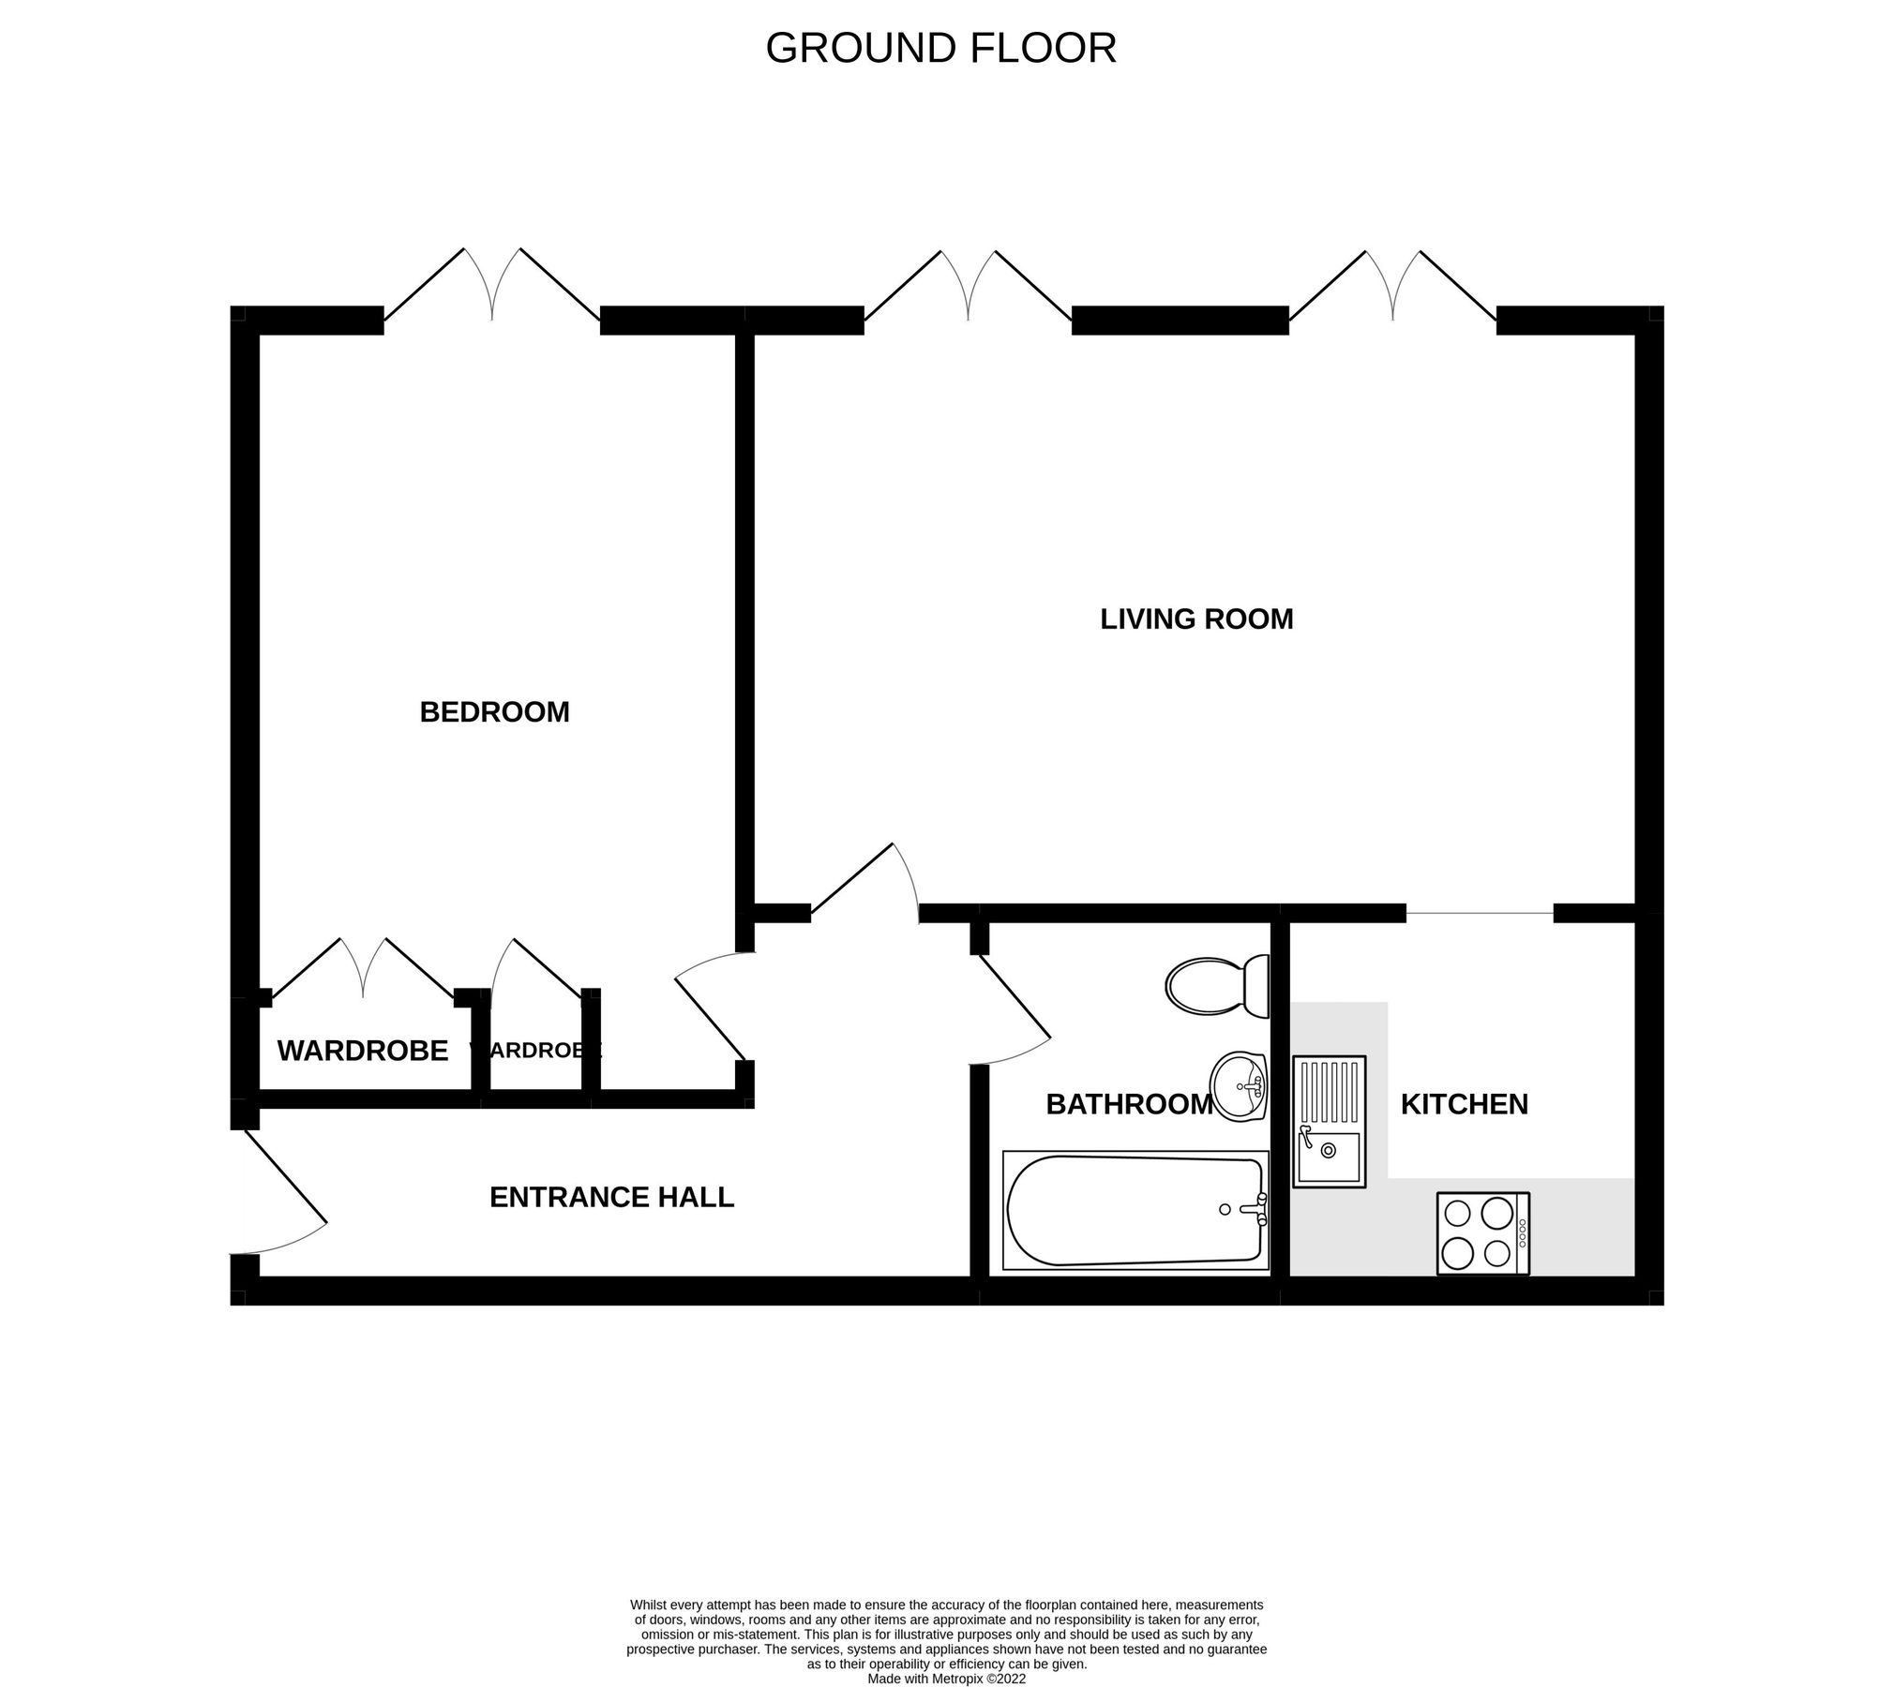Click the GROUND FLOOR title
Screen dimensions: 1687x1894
click(x=940, y=49)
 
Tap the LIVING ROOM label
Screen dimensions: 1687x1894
click(x=1196, y=620)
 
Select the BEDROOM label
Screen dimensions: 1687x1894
click(x=494, y=712)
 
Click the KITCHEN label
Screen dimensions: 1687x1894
click(x=1464, y=1104)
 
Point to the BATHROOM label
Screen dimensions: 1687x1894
click(x=1129, y=1105)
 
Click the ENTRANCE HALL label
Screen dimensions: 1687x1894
click(x=611, y=1197)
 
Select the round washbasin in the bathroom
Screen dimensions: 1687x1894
click(x=1238, y=1086)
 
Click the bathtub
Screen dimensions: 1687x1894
click(x=1135, y=1210)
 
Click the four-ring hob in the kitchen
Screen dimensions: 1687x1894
click(x=1482, y=1233)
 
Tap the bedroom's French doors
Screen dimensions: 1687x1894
click(x=492, y=286)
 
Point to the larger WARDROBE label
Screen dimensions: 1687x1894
click(x=362, y=1052)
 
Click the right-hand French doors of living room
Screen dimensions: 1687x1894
click(x=1392, y=286)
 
